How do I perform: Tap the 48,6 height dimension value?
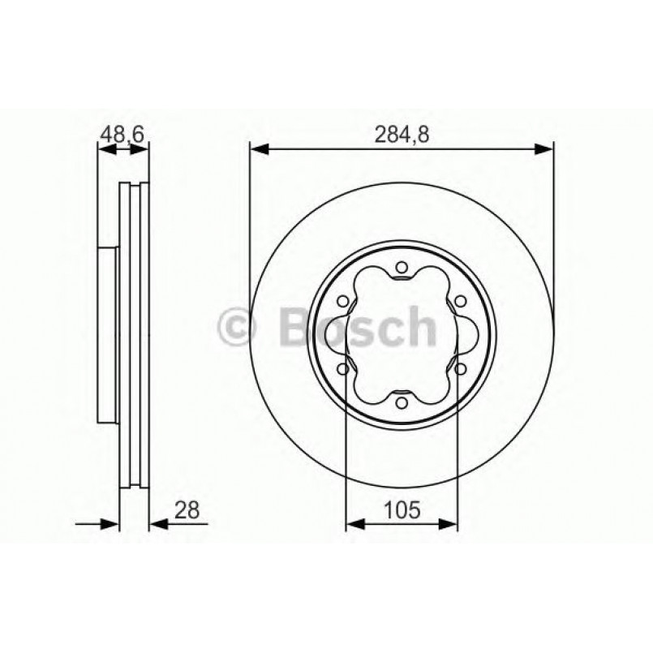tap(122, 134)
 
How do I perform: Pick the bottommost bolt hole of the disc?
tap(402, 400)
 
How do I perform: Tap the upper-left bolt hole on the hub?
tap(343, 302)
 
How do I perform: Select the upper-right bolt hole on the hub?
tap(460, 302)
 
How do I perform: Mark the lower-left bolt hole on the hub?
tap(343, 368)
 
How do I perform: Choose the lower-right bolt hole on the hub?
tap(460, 368)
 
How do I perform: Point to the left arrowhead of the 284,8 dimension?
tap(258, 148)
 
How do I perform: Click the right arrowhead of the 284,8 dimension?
tap(544, 148)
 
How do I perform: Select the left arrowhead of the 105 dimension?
tap(354, 524)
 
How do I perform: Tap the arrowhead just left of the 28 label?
tap(157, 524)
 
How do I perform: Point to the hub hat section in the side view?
tap(108, 334)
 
